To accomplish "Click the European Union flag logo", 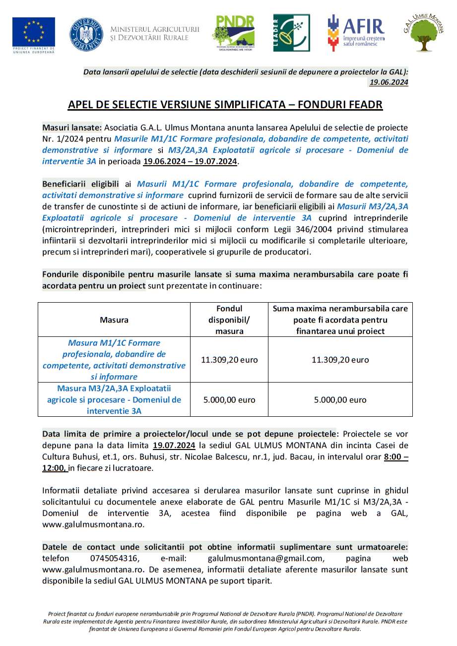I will click(34, 32).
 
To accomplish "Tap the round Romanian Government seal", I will click(86, 34).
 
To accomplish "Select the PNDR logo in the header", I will click(233, 33).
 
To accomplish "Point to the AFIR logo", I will click(356, 33).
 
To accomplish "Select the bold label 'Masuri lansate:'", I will click(72, 128).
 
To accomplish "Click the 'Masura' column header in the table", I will click(114, 320).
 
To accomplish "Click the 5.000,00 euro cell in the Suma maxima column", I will click(340, 399).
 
